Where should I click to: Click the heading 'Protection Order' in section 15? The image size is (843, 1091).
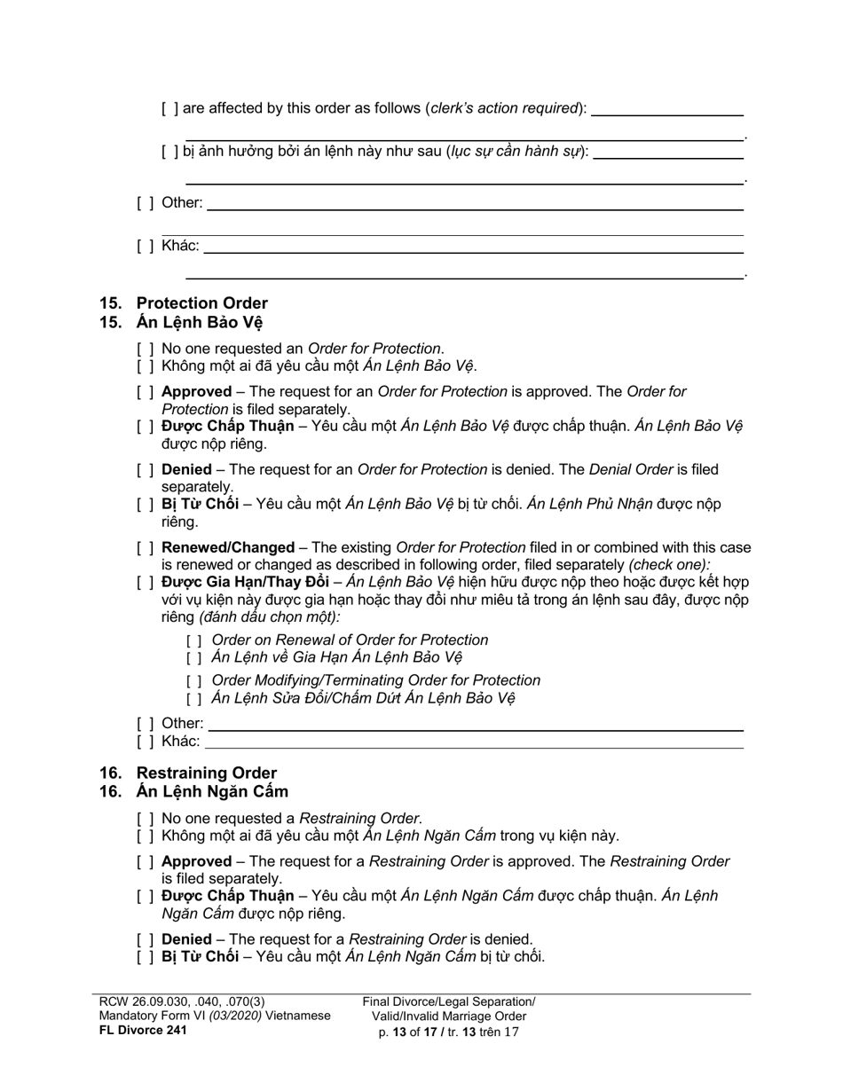point(201,303)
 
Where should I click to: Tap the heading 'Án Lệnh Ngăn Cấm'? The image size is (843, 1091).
point(212,791)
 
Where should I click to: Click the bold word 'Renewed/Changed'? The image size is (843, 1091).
point(228,548)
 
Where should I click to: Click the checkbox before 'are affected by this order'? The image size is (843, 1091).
point(170,109)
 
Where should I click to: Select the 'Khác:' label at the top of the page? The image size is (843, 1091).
point(180,246)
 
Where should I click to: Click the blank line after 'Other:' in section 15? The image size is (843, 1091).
point(475,725)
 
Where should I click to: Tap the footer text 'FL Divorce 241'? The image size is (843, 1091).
point(143,1031)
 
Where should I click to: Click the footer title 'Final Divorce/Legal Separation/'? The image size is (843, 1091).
point(449,1001)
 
